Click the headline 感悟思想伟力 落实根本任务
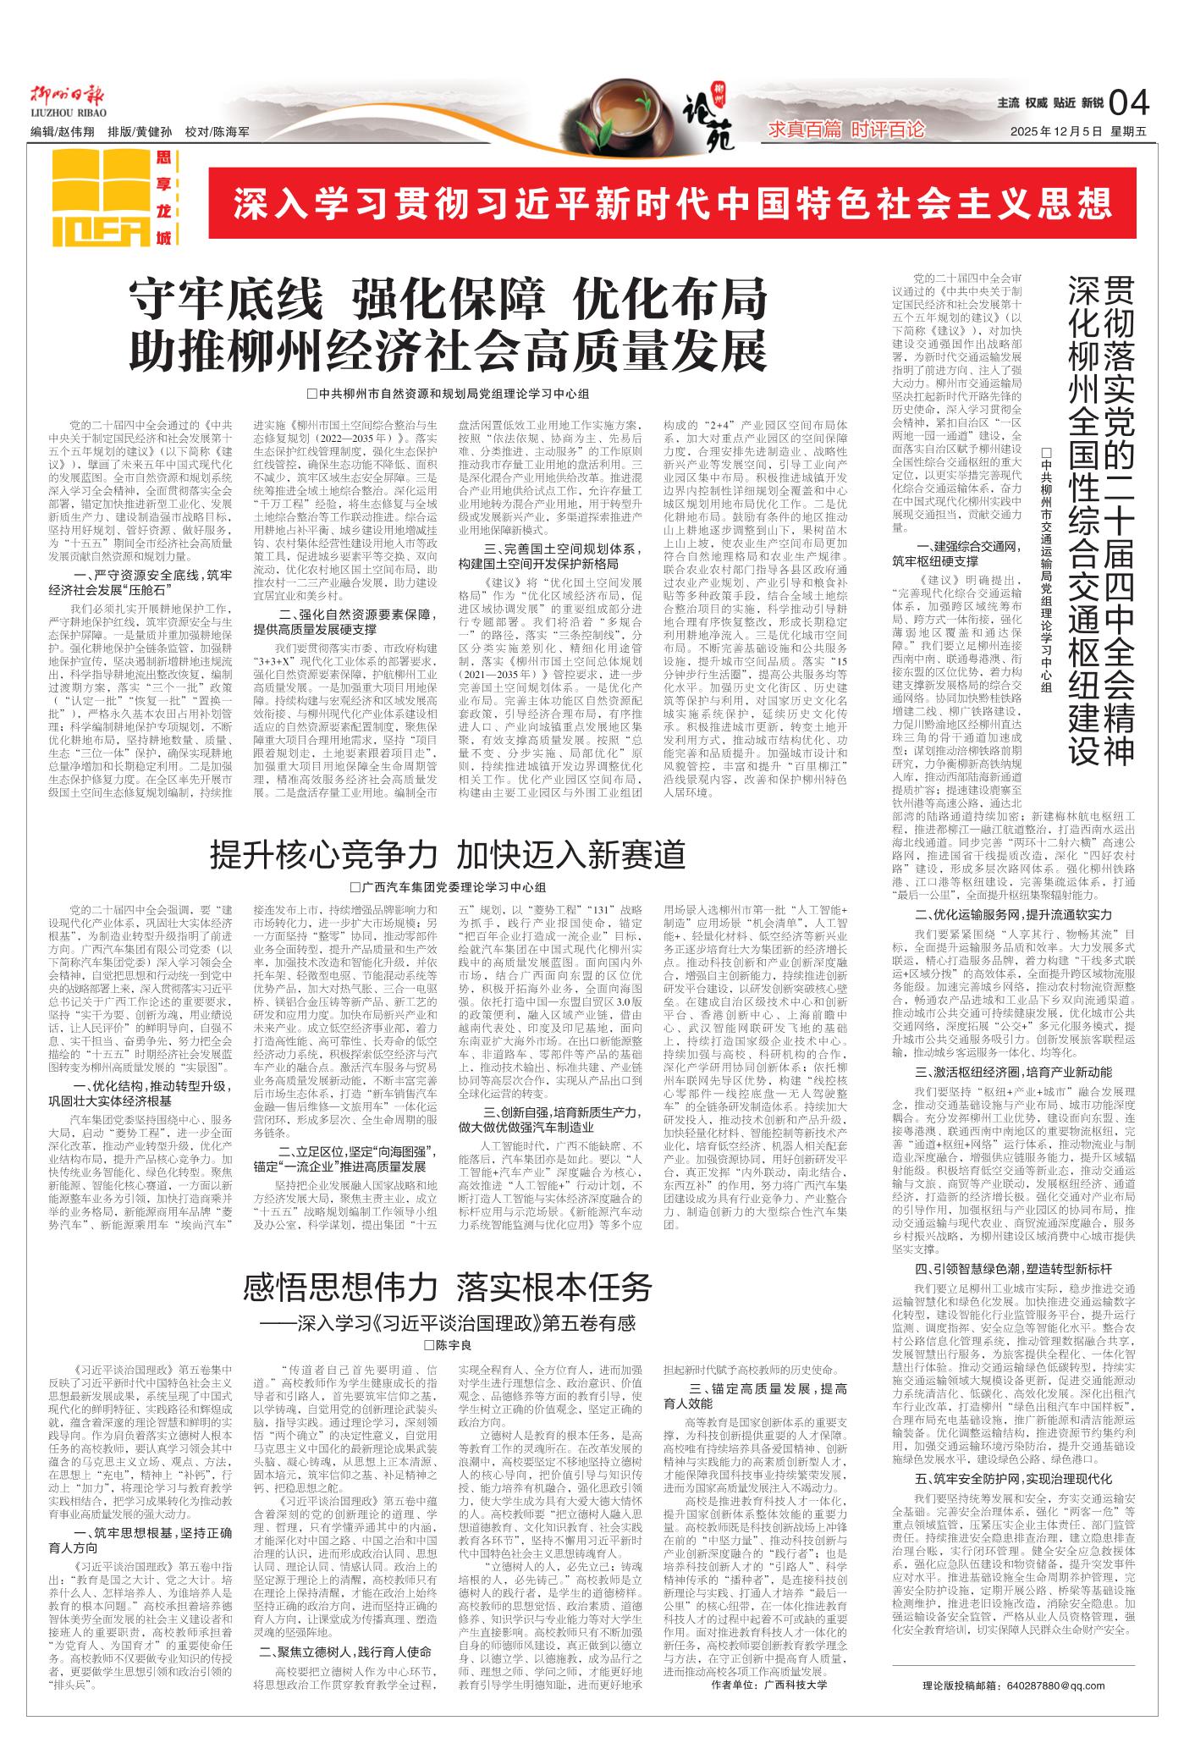448,1288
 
